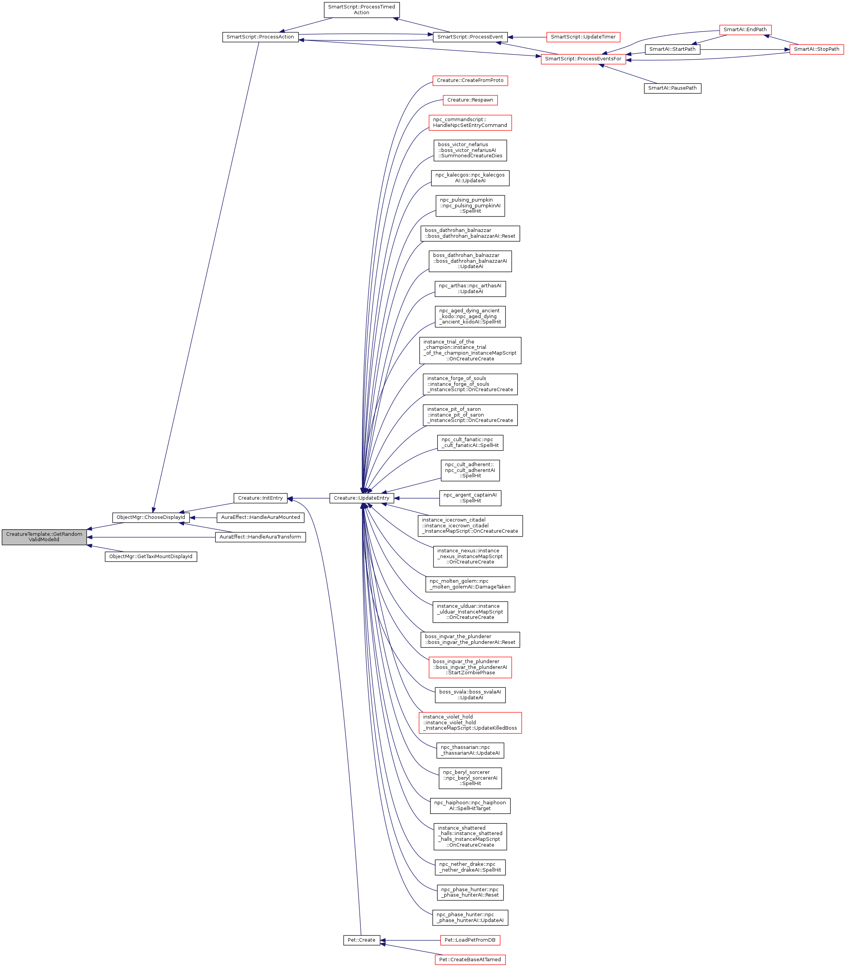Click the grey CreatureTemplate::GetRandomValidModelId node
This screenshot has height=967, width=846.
[x=44, y=537]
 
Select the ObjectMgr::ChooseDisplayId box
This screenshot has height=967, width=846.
[x=150, y=517]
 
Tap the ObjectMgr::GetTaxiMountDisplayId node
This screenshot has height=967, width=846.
[x=150, y=557]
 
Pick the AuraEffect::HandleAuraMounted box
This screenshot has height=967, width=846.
[x=260, y=517]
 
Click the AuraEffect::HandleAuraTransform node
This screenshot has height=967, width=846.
[x=260, y=537]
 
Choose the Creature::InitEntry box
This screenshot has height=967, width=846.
[x=260, y=498]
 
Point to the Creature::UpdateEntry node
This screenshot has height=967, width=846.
[x=361, y=498]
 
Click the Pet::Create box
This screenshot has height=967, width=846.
[x=361, y=940]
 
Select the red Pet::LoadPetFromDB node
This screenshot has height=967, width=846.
[x=470, y=940]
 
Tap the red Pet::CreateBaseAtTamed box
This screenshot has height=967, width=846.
[x=470, y=959]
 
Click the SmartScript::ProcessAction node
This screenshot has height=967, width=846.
[x=260, y=37]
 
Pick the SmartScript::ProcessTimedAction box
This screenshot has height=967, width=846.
[x=361, y=10]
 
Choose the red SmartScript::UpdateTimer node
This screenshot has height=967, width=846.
[x=583, y=37]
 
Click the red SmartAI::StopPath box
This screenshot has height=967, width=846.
[x=816, y=49]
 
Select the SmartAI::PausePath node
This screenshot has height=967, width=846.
[x=672, y=88]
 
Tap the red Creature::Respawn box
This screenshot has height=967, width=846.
[x=470, y=100]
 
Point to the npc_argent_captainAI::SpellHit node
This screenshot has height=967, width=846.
[x=470, y=498]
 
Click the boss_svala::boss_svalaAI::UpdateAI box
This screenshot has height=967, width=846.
[x=470, y=695]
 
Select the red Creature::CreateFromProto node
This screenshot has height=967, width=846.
[x=470, y=80]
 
